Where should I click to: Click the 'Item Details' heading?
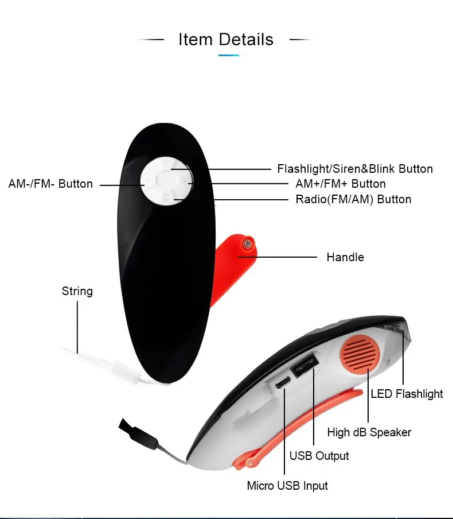[226, 40]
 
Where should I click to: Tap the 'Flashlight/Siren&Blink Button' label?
[355, 169]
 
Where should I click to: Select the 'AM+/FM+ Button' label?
[336, 184]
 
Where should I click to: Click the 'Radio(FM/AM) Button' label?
[353, 199]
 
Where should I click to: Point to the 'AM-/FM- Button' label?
[50, 184]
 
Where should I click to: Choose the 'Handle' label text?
[345, 257]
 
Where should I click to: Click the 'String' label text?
[77, 291]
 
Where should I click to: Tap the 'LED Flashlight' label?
[407, 394]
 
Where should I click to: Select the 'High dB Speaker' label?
[369, 432]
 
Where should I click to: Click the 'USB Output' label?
[319, 456]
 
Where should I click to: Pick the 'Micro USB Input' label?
[287, 486]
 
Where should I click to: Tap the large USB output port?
[304, 365]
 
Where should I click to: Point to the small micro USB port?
[283, 382]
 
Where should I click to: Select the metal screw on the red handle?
[248, 243]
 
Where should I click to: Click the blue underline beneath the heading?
[229, 55]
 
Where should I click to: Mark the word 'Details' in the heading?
[247, 40]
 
